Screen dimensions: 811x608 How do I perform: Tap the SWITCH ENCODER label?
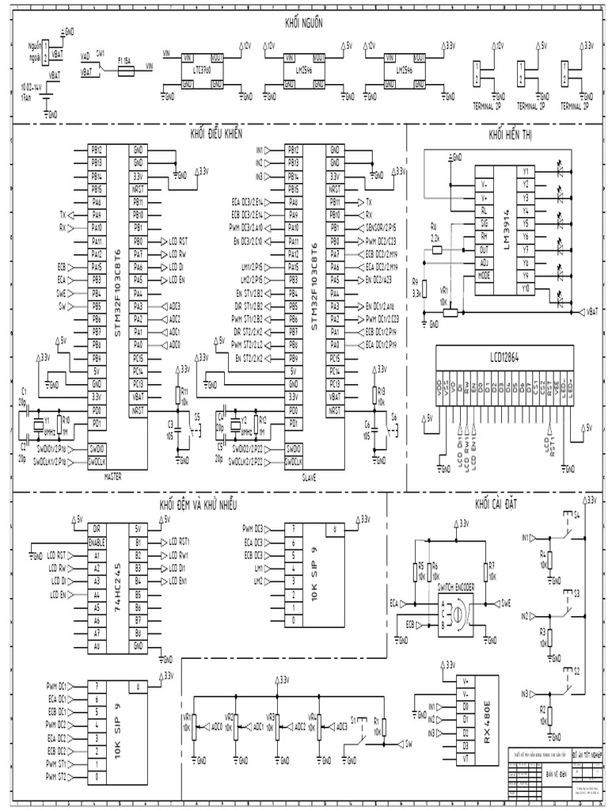(456, 588)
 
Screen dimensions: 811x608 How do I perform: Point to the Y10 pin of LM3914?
(525, 288)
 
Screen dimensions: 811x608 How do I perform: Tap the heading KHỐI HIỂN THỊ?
(511, 135)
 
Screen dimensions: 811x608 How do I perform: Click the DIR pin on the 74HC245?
(97, 528)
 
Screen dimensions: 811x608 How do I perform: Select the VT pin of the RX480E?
(465, 759)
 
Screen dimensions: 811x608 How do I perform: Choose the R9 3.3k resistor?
(422, 291)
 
